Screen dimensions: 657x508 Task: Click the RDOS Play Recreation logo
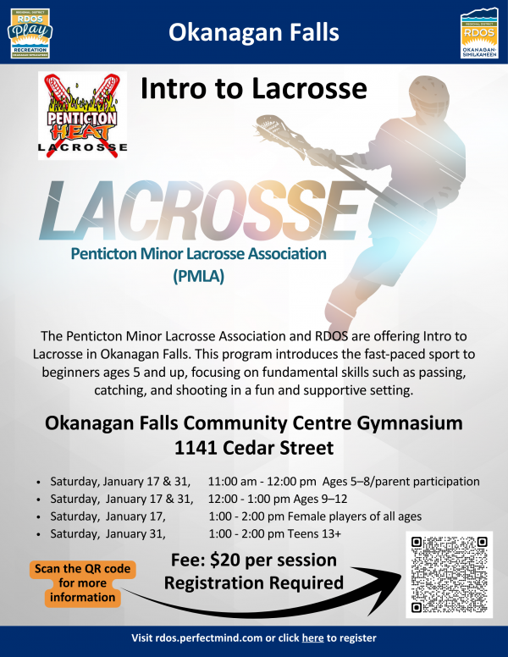coord(29,32)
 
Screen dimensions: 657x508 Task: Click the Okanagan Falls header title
coord(254,33)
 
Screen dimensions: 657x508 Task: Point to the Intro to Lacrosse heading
coord(254,87)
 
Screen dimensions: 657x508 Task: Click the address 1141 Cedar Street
coord(253,447)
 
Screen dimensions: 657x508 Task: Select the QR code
coord(449,574)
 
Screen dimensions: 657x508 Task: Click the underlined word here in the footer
coord(312,638)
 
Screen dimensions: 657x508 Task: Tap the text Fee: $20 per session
coord(253,560)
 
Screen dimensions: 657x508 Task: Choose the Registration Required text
coord(253,582)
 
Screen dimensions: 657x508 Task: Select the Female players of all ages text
coord(351,516)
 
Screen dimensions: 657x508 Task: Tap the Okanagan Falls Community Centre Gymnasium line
coord(253,422)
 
